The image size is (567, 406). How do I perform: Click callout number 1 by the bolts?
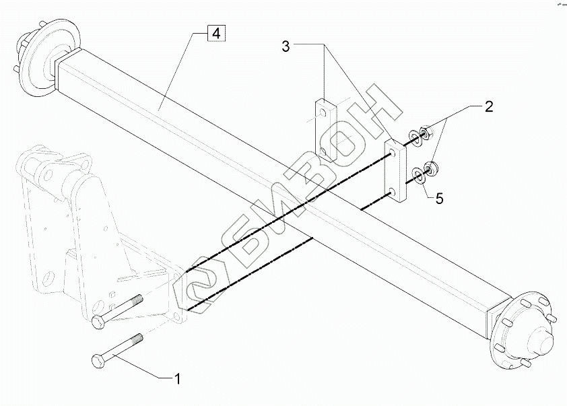point(177,378)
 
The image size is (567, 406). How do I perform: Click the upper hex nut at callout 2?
point(426,131)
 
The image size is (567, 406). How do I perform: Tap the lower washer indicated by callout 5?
point(418,176)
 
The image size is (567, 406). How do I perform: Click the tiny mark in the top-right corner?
point(558,5)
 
